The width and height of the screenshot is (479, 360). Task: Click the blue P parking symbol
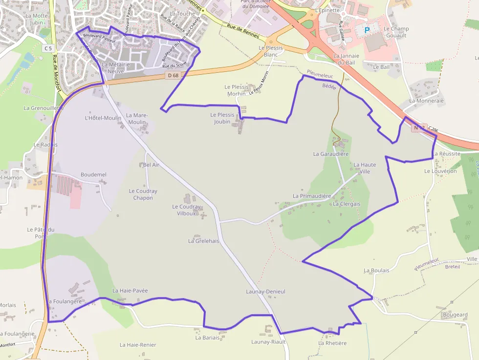click(368, 30)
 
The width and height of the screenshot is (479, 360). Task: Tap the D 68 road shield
click(173, 75)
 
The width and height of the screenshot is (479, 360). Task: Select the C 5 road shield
click(47, 48)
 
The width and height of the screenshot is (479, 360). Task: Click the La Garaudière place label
click(331, 154)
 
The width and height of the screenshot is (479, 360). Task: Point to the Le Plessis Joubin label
click(222, 118)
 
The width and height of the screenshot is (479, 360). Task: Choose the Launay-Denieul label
click(265, 292)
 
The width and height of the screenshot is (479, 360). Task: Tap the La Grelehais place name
click(204, 241)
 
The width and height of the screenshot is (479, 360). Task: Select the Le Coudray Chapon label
click(143, 194)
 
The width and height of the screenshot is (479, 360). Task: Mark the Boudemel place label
click(93, 174)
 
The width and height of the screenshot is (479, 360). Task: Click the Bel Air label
click(151, 165)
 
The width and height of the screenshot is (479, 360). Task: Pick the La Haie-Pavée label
click(130, 291)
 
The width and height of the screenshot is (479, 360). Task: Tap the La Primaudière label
click(312, 196)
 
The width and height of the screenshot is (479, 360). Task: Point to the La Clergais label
click(347, 204)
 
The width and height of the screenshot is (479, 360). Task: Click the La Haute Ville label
click(365, 168)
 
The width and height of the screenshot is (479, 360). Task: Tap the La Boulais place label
click(376, 270)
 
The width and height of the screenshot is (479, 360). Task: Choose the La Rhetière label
click(332, 343)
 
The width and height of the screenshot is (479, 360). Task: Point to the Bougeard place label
click(455, 315)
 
